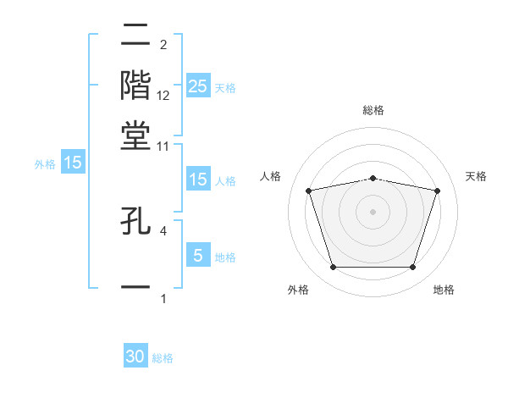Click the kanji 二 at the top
coord(135,36)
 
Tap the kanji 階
coord(135,85)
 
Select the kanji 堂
coord(135,135)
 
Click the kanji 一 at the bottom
coord(135,287)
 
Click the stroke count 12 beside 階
coord(163,97)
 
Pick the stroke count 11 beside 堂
coord(163,146)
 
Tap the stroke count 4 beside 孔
coord(163,229)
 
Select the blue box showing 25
coord(197,86)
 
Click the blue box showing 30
coord(135,357)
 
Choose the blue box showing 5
coord(197,255)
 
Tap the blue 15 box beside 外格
coord(73,163)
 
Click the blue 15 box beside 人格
coord(197,180)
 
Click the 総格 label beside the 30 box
coord(163,358)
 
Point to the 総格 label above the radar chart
coord(373,110)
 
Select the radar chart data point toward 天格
coord(437,191)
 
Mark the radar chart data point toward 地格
coord(412,268)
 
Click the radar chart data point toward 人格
coord(309,191)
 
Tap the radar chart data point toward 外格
coord(333,268)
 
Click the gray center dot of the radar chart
coord(373,212)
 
